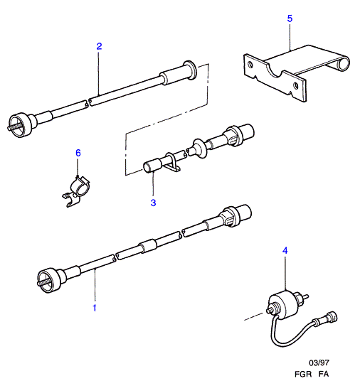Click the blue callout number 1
(x=95, y=308)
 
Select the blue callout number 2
(x=99, y=46)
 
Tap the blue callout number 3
(x=153, y=203)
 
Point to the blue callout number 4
(x=285, y=250)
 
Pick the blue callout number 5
(x=290, y=18)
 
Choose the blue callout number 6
(x=78, y=153)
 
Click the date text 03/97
(x=319, y=363)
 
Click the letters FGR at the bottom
(x=303, y=374)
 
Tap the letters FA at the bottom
(x=323, y=374)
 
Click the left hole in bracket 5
(x=250, y=65)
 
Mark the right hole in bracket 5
(x=295, y=85)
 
